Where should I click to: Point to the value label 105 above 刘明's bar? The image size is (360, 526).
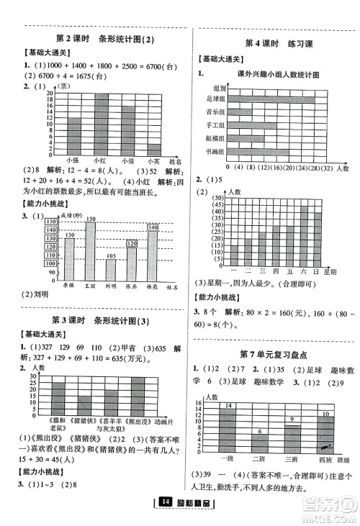(x=110, y=255)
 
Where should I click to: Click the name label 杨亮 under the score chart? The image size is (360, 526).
(x=152, y=287)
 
